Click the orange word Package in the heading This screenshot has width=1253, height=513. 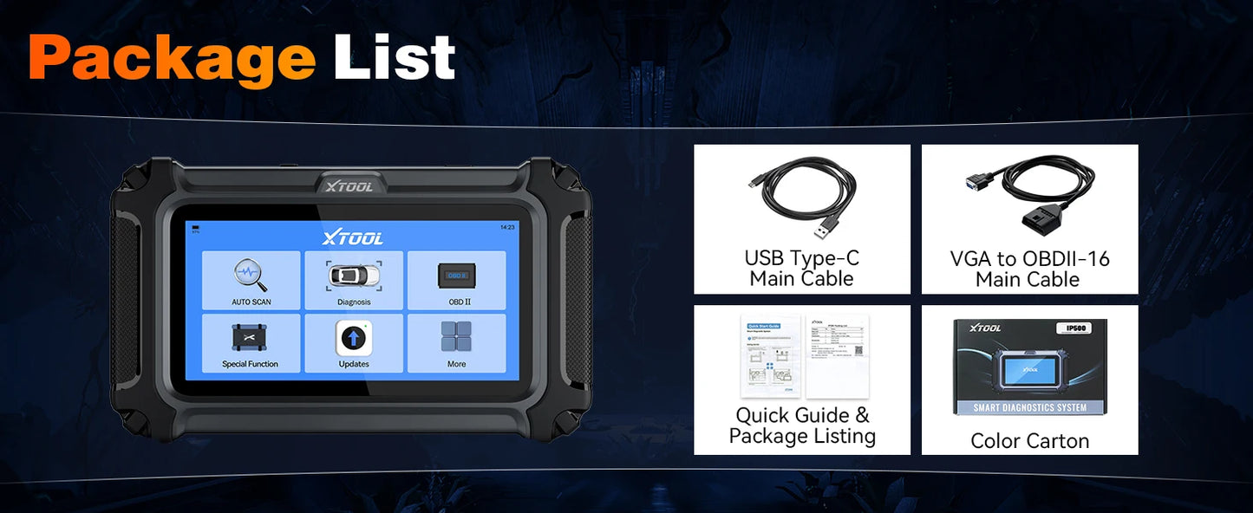[172, 59]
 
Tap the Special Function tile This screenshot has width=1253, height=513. [251, 343]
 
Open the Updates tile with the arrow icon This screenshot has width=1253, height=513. [354, 343]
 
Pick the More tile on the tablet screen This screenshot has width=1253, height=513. [456, 343]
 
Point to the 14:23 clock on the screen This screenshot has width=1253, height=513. [507, 227]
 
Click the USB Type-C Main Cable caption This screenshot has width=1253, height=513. [801, 269]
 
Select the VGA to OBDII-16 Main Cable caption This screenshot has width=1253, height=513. [1029, 269]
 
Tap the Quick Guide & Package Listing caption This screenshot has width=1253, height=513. [802, 425]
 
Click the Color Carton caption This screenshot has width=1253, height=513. [1029, 440]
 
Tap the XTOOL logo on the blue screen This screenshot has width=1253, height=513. [352, 238]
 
